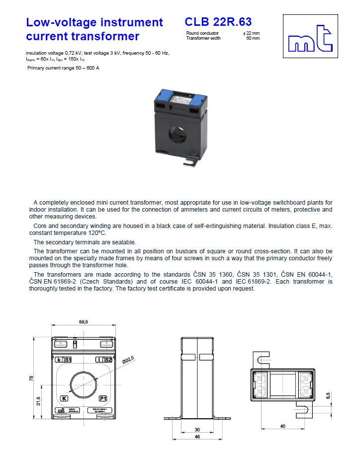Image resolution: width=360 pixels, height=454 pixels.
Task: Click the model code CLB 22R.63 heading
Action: tap(218, 22)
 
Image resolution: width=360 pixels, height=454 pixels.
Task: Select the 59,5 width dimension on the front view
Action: tap(84, 322)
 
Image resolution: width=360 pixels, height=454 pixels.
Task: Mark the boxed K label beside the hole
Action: tap(64, 398)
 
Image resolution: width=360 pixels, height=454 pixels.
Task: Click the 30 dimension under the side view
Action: tap(197, 429)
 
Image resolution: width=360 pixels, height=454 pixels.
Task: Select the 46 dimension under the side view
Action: tap(197, 437)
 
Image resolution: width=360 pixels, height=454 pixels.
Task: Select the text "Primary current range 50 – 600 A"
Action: tap(63, 68)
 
